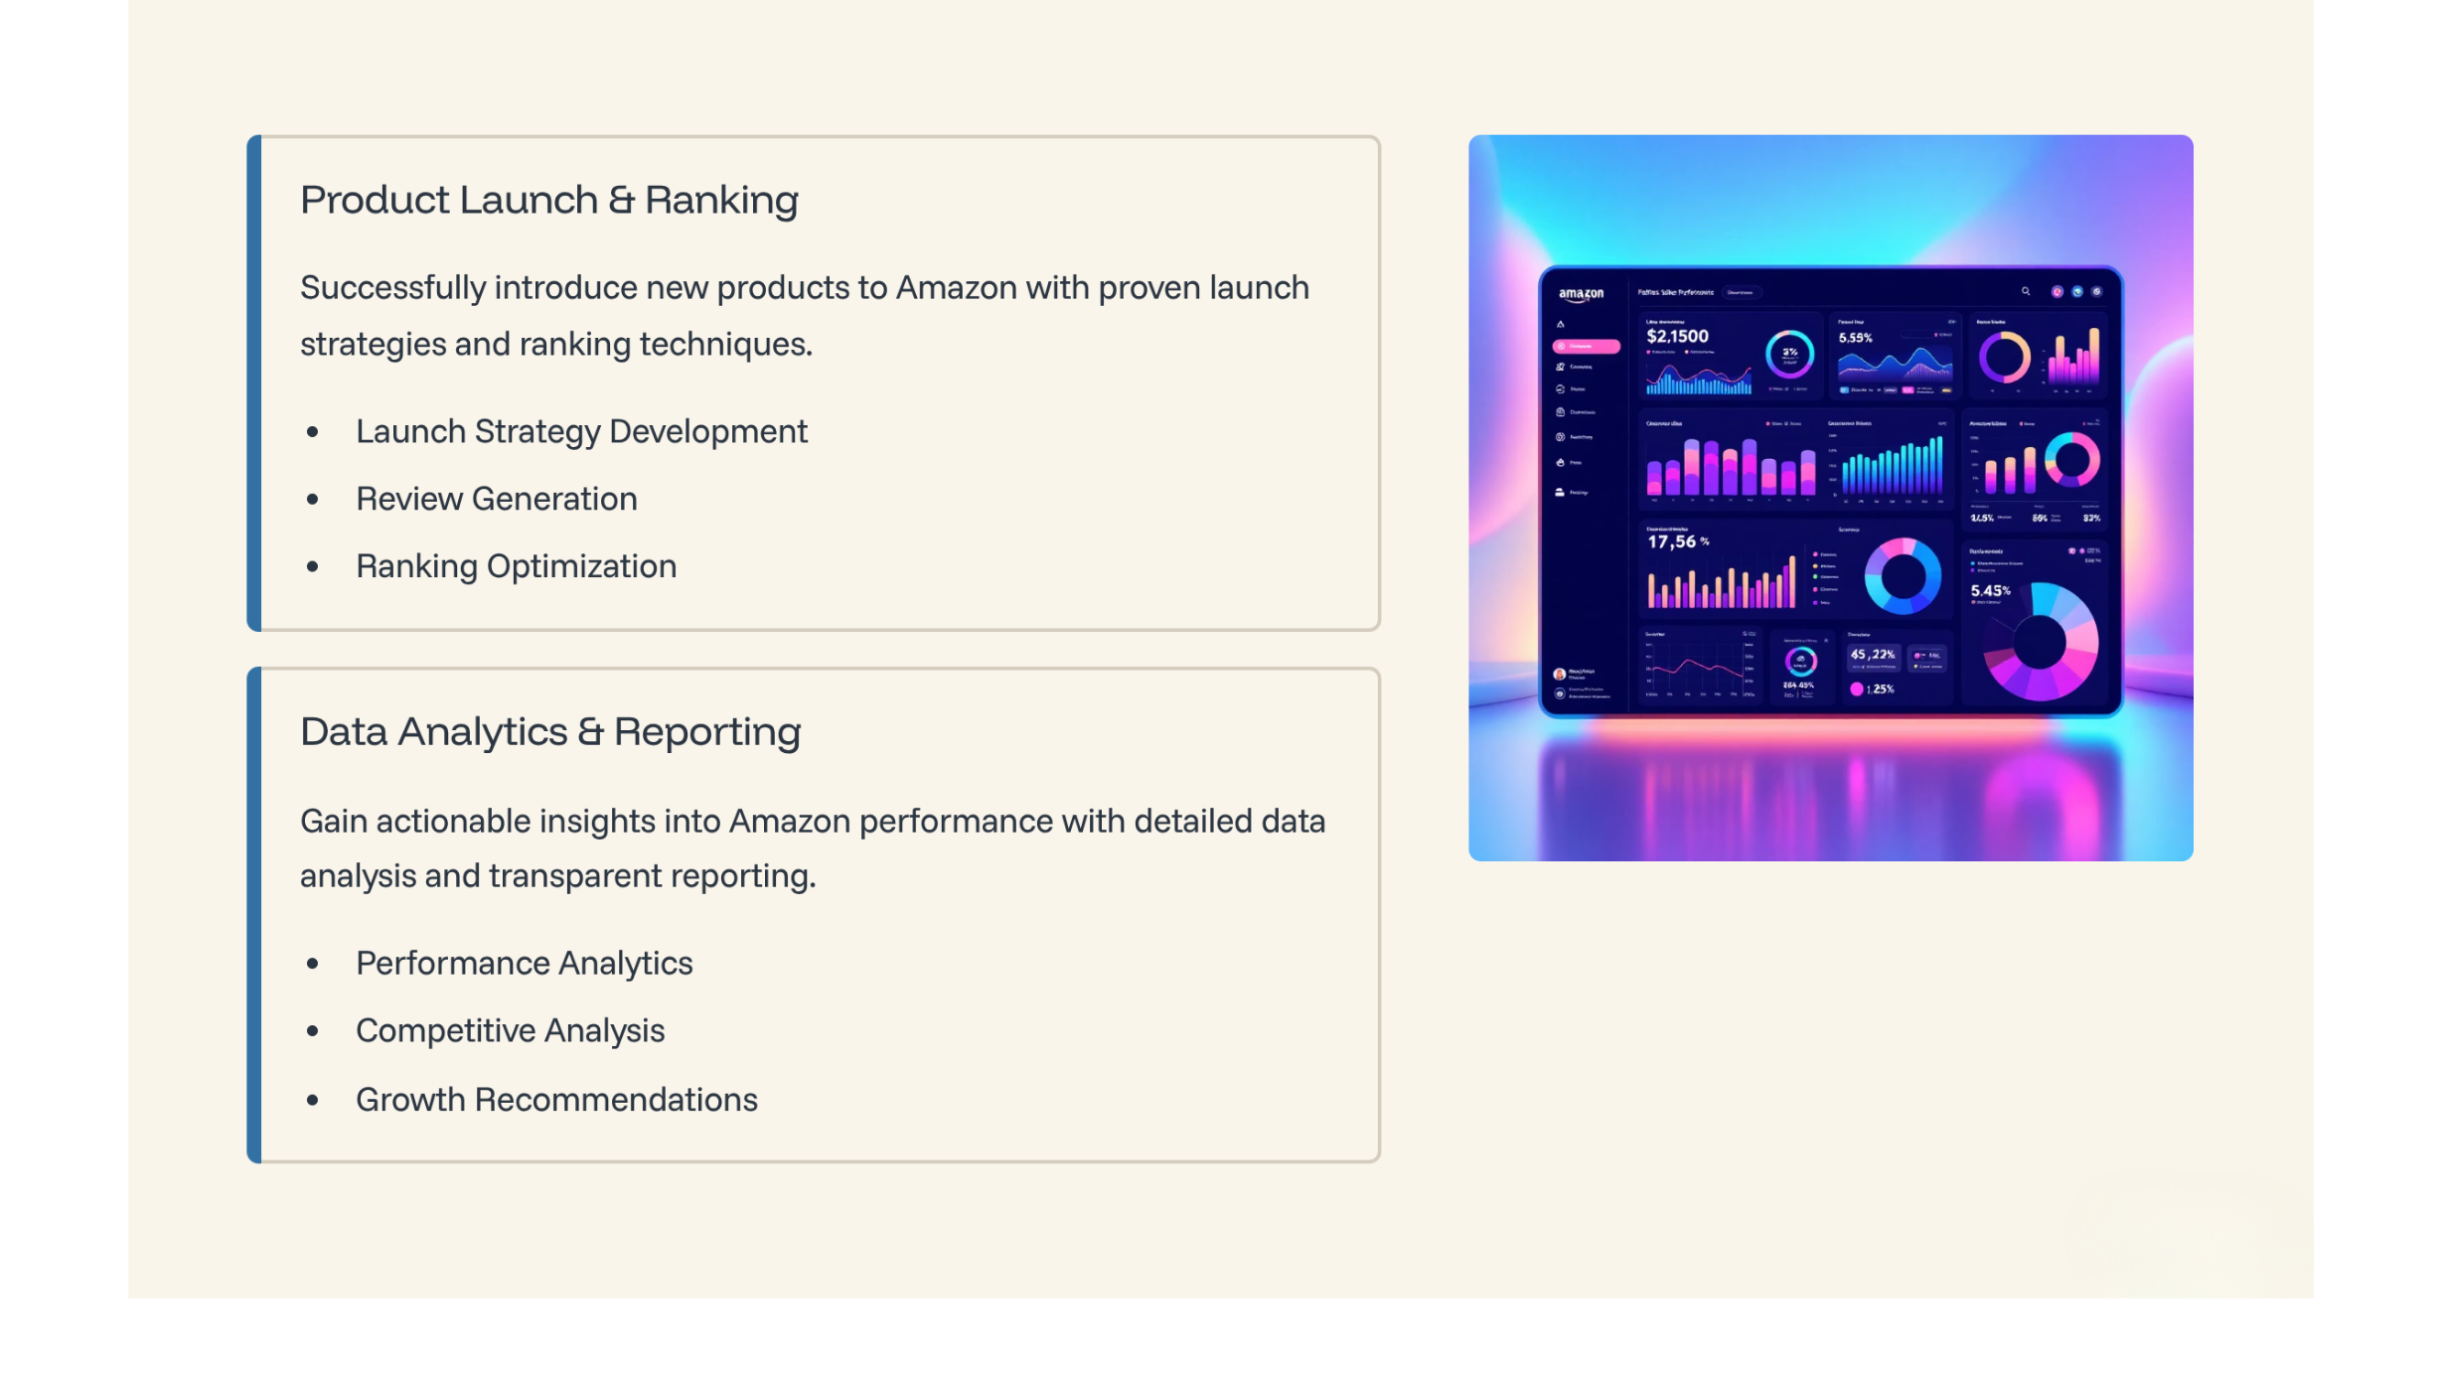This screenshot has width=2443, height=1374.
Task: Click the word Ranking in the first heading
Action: pyautogui.click(x=721, y=201)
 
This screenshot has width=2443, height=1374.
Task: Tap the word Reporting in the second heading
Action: pyautogui.click(x=706, y=732)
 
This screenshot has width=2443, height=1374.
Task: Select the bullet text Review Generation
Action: pyautogui.click(x=497, y=499)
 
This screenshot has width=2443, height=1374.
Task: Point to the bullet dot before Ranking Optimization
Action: pyautogui.click(x=313, y=567)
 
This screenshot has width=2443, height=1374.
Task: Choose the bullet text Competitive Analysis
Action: pyautogui.click(x=510, y=1031)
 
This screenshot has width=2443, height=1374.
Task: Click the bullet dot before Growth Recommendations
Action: pyautogui.click(x=313, y=1100)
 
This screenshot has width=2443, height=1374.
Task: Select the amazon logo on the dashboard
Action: pyautogui.click(x=1581, y=294)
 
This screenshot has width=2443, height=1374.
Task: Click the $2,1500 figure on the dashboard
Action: pyautogui.click(x=1677, y=337)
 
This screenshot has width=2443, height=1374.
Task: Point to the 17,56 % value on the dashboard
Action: pyautogui.click(x=1677, y=542)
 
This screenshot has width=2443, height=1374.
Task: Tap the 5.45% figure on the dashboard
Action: pyautogui.click(x=1990, y=591)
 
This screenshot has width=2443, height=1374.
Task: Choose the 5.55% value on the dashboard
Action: pyautogui.click(x=1855, y=339)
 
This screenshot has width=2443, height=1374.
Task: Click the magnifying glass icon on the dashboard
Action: pyautogui.click(x=2026, y=292)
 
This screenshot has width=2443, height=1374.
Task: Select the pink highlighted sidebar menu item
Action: pyautogui.click(x=1586, y=347)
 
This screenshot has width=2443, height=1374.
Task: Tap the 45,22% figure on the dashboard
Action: pyautogui.click(x=1872, y=655)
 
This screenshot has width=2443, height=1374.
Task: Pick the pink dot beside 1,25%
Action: pyautogui.click(x=1856, y=689)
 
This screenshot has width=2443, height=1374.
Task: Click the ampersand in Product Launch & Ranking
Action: pyautogui.click(x=621, y=201)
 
